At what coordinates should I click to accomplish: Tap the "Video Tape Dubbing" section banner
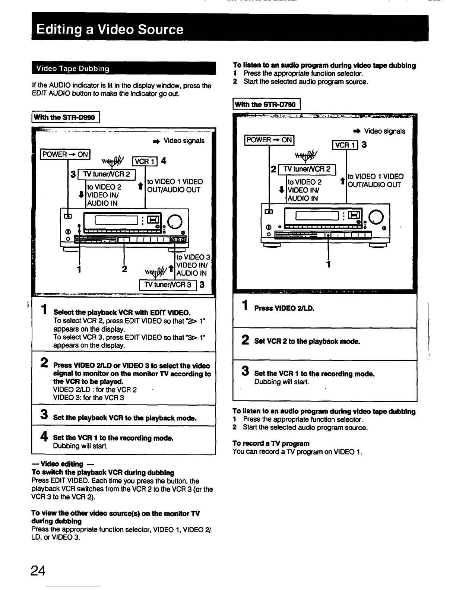pyautogui.click(x=72, y=69)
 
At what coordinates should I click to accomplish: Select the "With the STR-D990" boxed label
pyautogui.click(x=65, y=118)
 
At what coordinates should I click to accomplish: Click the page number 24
pyautogui.click(x=39, y=570)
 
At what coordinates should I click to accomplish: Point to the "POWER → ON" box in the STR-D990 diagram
pyautogui.click(x=65, y=154)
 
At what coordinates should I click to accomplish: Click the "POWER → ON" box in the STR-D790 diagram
pyautogui.click(x=269, y=140)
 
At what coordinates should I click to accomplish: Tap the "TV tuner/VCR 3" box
pyautogui.click(x=168, y=285)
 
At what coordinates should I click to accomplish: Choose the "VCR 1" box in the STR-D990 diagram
pyautogui.click(x=145, y=161)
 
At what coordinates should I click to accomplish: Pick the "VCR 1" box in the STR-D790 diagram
pyautogui.click(x=345, y=145)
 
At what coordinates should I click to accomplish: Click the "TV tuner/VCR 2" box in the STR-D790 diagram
pyautogui.click(x=307, y=169)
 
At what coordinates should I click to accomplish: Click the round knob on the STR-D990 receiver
pyautogui.click(x=175, y=222)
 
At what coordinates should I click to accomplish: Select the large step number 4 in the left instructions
pyautogui.click(x=44, y=436)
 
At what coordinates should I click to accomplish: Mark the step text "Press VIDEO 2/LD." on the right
pyautogui.click(x=284, y=308)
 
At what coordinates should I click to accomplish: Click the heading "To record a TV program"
pyautogui.click(x=271, y=443)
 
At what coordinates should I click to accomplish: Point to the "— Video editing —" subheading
pyautogui.click(x=62, y=464)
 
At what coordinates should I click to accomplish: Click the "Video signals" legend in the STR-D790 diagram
pyautogui.click(x=384, y=131)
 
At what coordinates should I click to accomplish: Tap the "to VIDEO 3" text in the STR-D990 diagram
pyautogui.click(x=193, y=257)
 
